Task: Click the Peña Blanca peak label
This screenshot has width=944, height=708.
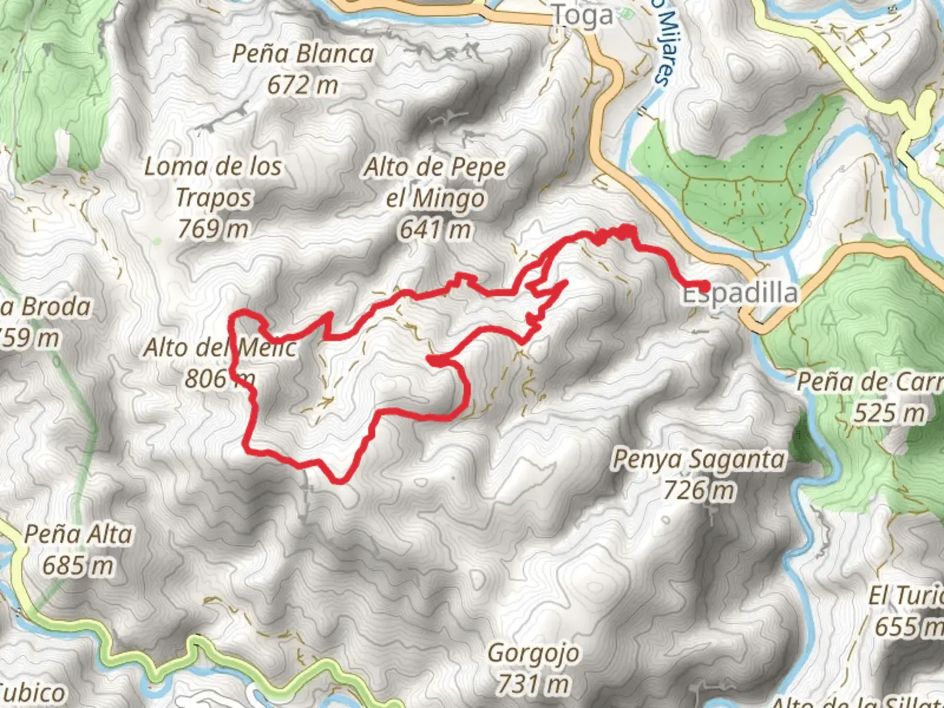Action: [303, 54]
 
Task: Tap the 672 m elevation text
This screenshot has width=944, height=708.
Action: [302, 85]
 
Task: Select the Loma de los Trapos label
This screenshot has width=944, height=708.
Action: [213, 182]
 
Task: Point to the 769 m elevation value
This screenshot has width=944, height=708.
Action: [213, 228]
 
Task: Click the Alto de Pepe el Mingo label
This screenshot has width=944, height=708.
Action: [435, 182]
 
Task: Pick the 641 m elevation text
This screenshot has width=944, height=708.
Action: [435, 229]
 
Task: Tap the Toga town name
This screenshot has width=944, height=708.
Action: [583, 15]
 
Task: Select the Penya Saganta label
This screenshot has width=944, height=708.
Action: [698, 459]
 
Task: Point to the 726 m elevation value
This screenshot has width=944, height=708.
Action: [699, 490]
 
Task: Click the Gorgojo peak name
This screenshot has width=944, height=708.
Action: [533, 653]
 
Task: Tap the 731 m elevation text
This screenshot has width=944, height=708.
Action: [532, 684]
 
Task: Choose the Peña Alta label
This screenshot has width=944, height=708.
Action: [79, 534]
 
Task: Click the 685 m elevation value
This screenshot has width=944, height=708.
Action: [78, 564]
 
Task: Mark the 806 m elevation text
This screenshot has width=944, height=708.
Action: [219, 378]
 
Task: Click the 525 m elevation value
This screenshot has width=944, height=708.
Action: [890, 413]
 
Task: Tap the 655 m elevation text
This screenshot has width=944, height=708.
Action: [908, 627]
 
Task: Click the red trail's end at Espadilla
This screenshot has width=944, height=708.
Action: [704, 286]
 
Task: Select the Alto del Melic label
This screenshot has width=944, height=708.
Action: [220, 347]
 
